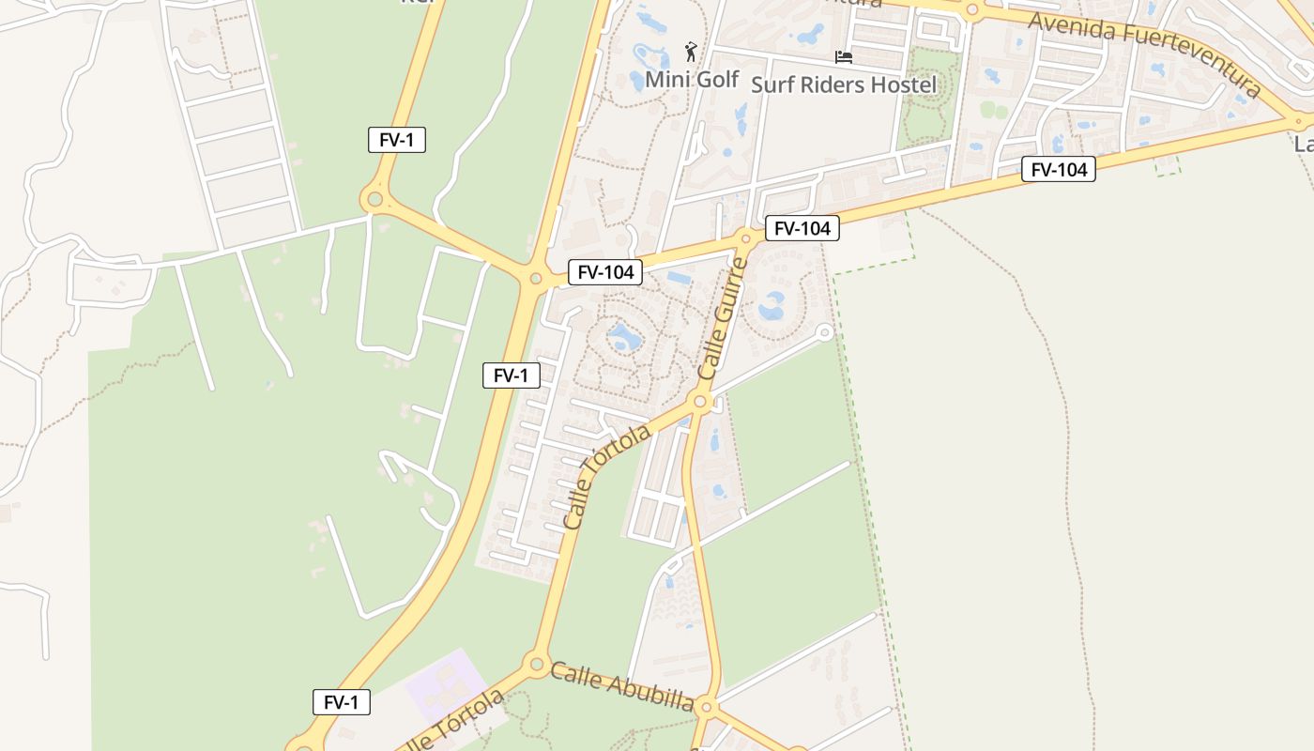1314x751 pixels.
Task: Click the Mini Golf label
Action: (x=692, y=80)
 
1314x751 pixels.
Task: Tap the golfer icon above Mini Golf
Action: (x=692, y=51)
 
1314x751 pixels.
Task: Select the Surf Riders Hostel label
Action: (x=844, y=84)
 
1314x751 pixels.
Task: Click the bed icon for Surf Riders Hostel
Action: (x=844, y=57)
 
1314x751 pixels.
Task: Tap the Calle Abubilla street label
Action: (x=621, y=686)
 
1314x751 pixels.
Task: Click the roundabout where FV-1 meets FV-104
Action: (x=536, y=278)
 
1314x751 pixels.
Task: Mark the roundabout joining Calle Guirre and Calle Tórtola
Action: (x=699, y=402)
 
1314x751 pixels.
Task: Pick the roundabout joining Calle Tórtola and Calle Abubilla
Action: (x=536, y=665)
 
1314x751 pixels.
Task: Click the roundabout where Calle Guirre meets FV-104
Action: (x=746, y=238)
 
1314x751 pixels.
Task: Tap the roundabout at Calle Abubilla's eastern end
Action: (x=707, y=706)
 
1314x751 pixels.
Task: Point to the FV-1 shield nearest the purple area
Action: (x=341, y=702)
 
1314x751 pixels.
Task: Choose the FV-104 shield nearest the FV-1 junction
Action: (x=605, y=272)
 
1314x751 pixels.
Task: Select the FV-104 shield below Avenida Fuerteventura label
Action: (x=1058, y=170)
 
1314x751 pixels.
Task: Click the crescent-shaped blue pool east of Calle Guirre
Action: (x=772, y=305)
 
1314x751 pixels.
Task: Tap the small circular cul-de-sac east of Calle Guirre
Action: (x=824, y=331)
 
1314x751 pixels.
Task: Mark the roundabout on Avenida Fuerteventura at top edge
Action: (x=971, y=11)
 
